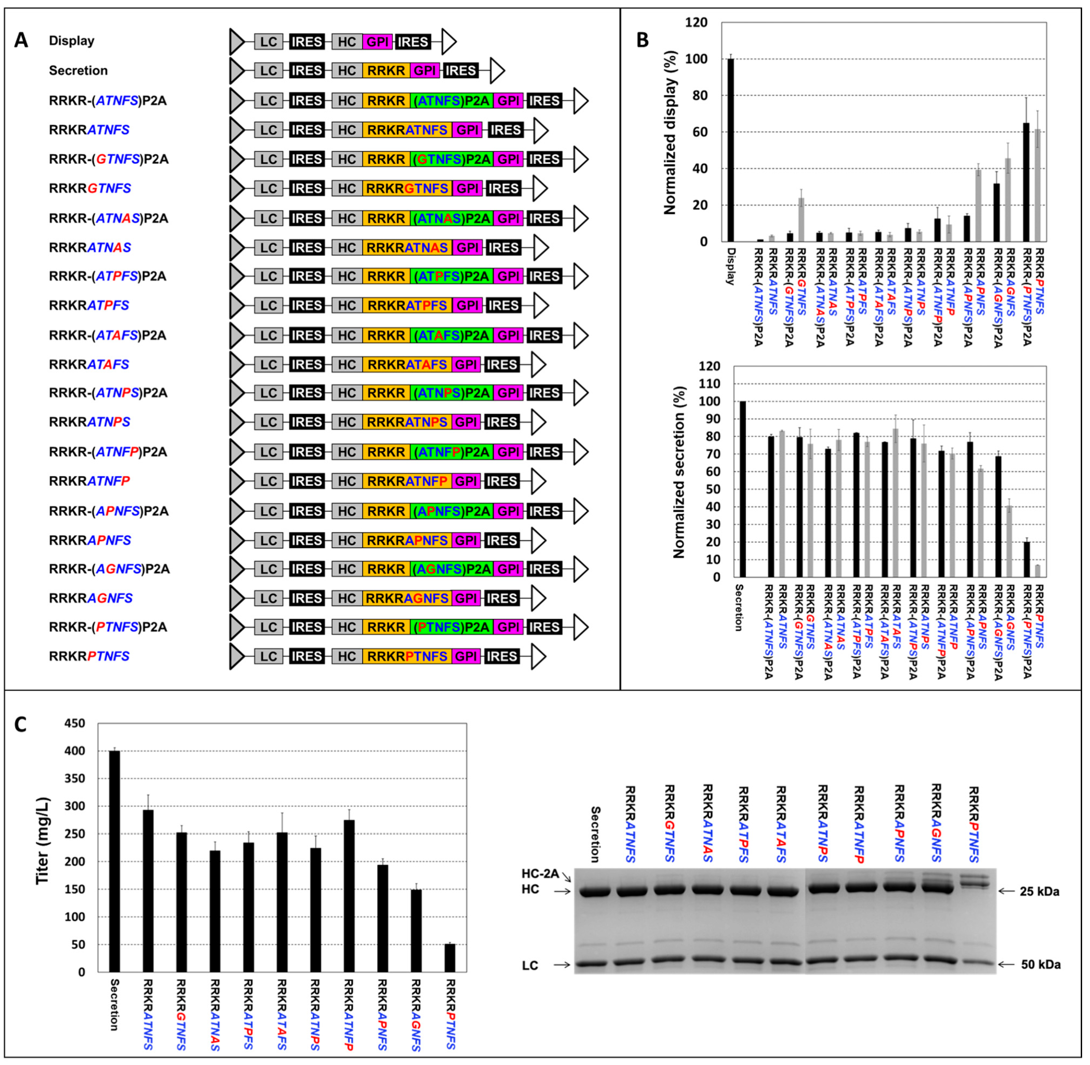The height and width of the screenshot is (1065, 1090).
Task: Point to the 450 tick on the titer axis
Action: pos(74,723)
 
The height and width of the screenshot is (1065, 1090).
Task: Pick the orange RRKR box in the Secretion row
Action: pos(386,70)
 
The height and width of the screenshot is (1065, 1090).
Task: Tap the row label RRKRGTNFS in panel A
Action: pos(90,188)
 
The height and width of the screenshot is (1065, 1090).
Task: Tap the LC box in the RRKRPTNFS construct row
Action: pos(269,656)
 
